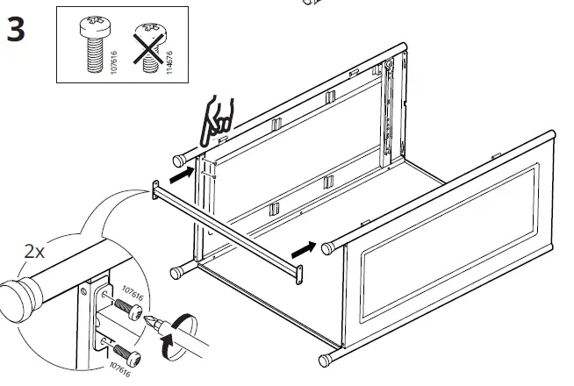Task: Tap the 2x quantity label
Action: click(x=35, y=252)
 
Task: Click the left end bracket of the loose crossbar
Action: click(x=155, y=189)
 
